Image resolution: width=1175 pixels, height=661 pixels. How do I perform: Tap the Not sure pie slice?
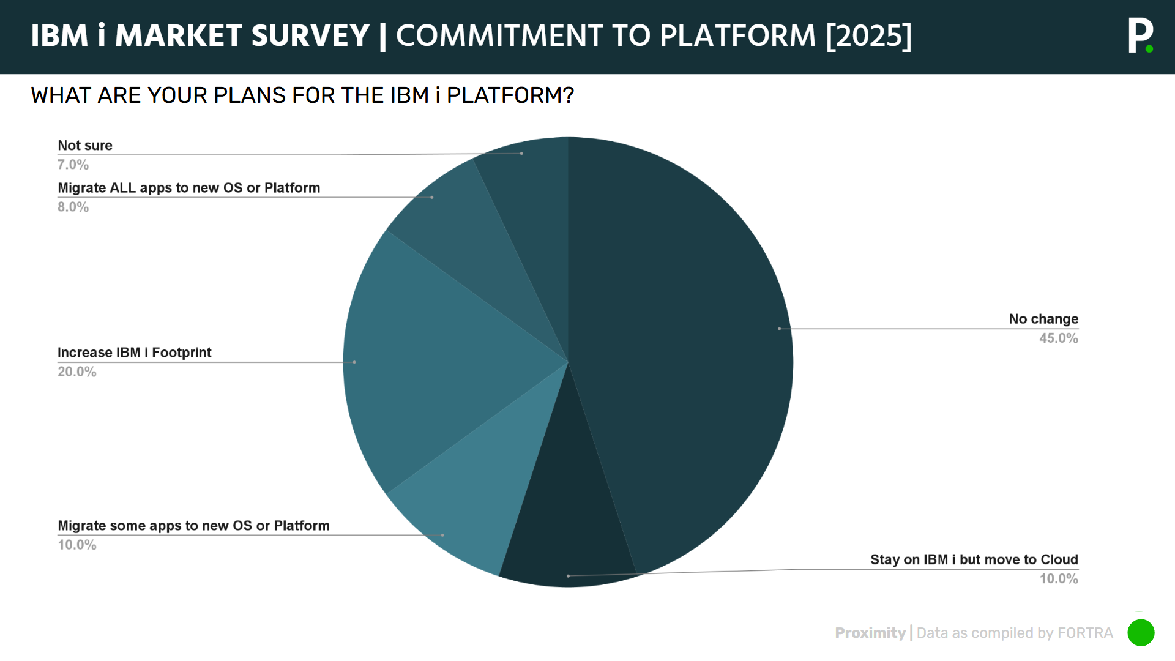532,214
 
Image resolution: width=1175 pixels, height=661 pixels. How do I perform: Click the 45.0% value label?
1058,338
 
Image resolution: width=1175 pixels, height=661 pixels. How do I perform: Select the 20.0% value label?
77,372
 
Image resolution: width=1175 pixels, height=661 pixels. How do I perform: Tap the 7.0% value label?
73,165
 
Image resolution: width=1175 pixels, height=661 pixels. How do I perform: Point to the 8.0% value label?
73,207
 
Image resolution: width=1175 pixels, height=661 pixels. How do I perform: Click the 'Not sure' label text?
85,146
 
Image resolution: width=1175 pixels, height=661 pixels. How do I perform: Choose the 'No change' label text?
1043,319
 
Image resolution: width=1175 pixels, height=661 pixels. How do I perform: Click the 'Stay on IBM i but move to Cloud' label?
974,559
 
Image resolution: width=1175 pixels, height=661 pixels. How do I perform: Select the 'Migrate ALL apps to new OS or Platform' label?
188,188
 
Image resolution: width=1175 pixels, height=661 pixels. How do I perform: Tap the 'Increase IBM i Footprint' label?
134,353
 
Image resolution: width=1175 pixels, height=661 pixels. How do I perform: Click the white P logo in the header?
1139,35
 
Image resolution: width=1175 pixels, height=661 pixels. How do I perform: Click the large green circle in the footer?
1141,633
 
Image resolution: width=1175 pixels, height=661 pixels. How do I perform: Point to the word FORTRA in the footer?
1085,633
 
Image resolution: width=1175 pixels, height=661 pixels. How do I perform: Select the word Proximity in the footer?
870,633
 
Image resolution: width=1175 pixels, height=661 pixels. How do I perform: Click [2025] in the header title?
868,35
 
